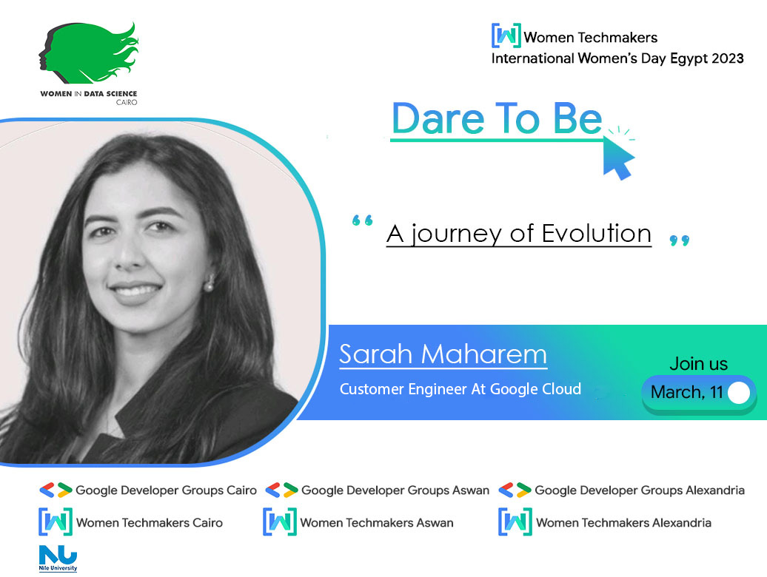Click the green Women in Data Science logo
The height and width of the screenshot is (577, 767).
coord(89,55)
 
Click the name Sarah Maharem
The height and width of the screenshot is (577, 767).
coord(443,354)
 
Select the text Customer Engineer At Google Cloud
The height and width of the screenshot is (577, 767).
coord(460,389)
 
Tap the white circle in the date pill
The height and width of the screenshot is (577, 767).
coord(738,393)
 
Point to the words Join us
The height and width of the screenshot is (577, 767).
coord(698,364)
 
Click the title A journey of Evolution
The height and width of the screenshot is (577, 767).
coord(518,234)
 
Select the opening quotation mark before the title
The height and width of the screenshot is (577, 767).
coord(362,221)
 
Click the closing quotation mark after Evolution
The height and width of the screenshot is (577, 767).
coord(679,240)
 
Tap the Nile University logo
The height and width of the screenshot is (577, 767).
coord(58,559)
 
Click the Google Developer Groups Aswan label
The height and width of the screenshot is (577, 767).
coord(395,490)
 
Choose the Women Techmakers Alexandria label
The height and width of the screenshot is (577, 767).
coord(623,522)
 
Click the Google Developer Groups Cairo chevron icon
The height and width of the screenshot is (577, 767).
coord(56,490)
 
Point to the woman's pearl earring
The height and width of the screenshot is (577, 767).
coord(210,283)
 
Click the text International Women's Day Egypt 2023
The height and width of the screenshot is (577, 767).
coord(617,58)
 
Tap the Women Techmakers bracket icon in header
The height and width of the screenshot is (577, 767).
coord(506,36)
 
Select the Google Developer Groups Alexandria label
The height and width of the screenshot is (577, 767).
coord(639,490)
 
